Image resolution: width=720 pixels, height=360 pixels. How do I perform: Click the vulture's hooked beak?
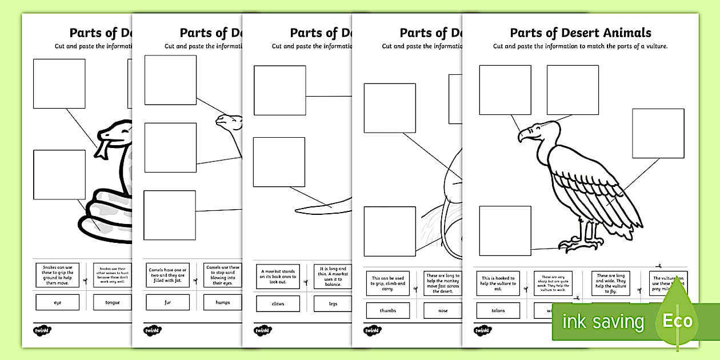tap(523, 136)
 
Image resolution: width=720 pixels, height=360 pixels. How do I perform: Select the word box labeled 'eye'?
tap(57, 302)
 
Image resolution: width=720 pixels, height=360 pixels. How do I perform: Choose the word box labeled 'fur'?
tap(167, 302)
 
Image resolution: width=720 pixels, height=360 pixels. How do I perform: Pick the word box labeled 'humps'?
tap(223, 302)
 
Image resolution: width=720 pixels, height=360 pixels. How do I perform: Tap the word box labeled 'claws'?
tap(278, 304)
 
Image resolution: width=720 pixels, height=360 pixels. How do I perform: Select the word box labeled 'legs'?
tap(334, 304)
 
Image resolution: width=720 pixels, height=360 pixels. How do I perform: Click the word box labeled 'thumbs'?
tap(388, 311)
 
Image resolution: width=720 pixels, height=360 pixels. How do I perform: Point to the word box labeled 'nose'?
tap(443, 311)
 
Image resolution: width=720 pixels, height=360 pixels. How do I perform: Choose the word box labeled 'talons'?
tap(498, 311)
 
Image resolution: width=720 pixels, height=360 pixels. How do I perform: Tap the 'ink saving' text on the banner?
tap(603, 322)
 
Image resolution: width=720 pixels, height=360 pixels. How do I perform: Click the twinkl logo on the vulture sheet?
tap(482, 330)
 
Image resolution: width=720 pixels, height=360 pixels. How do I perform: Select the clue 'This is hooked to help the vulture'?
tap(498, 283)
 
